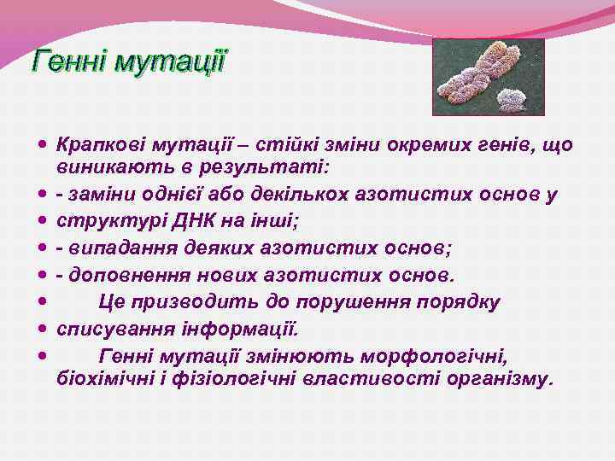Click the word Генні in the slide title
click(70, 63)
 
